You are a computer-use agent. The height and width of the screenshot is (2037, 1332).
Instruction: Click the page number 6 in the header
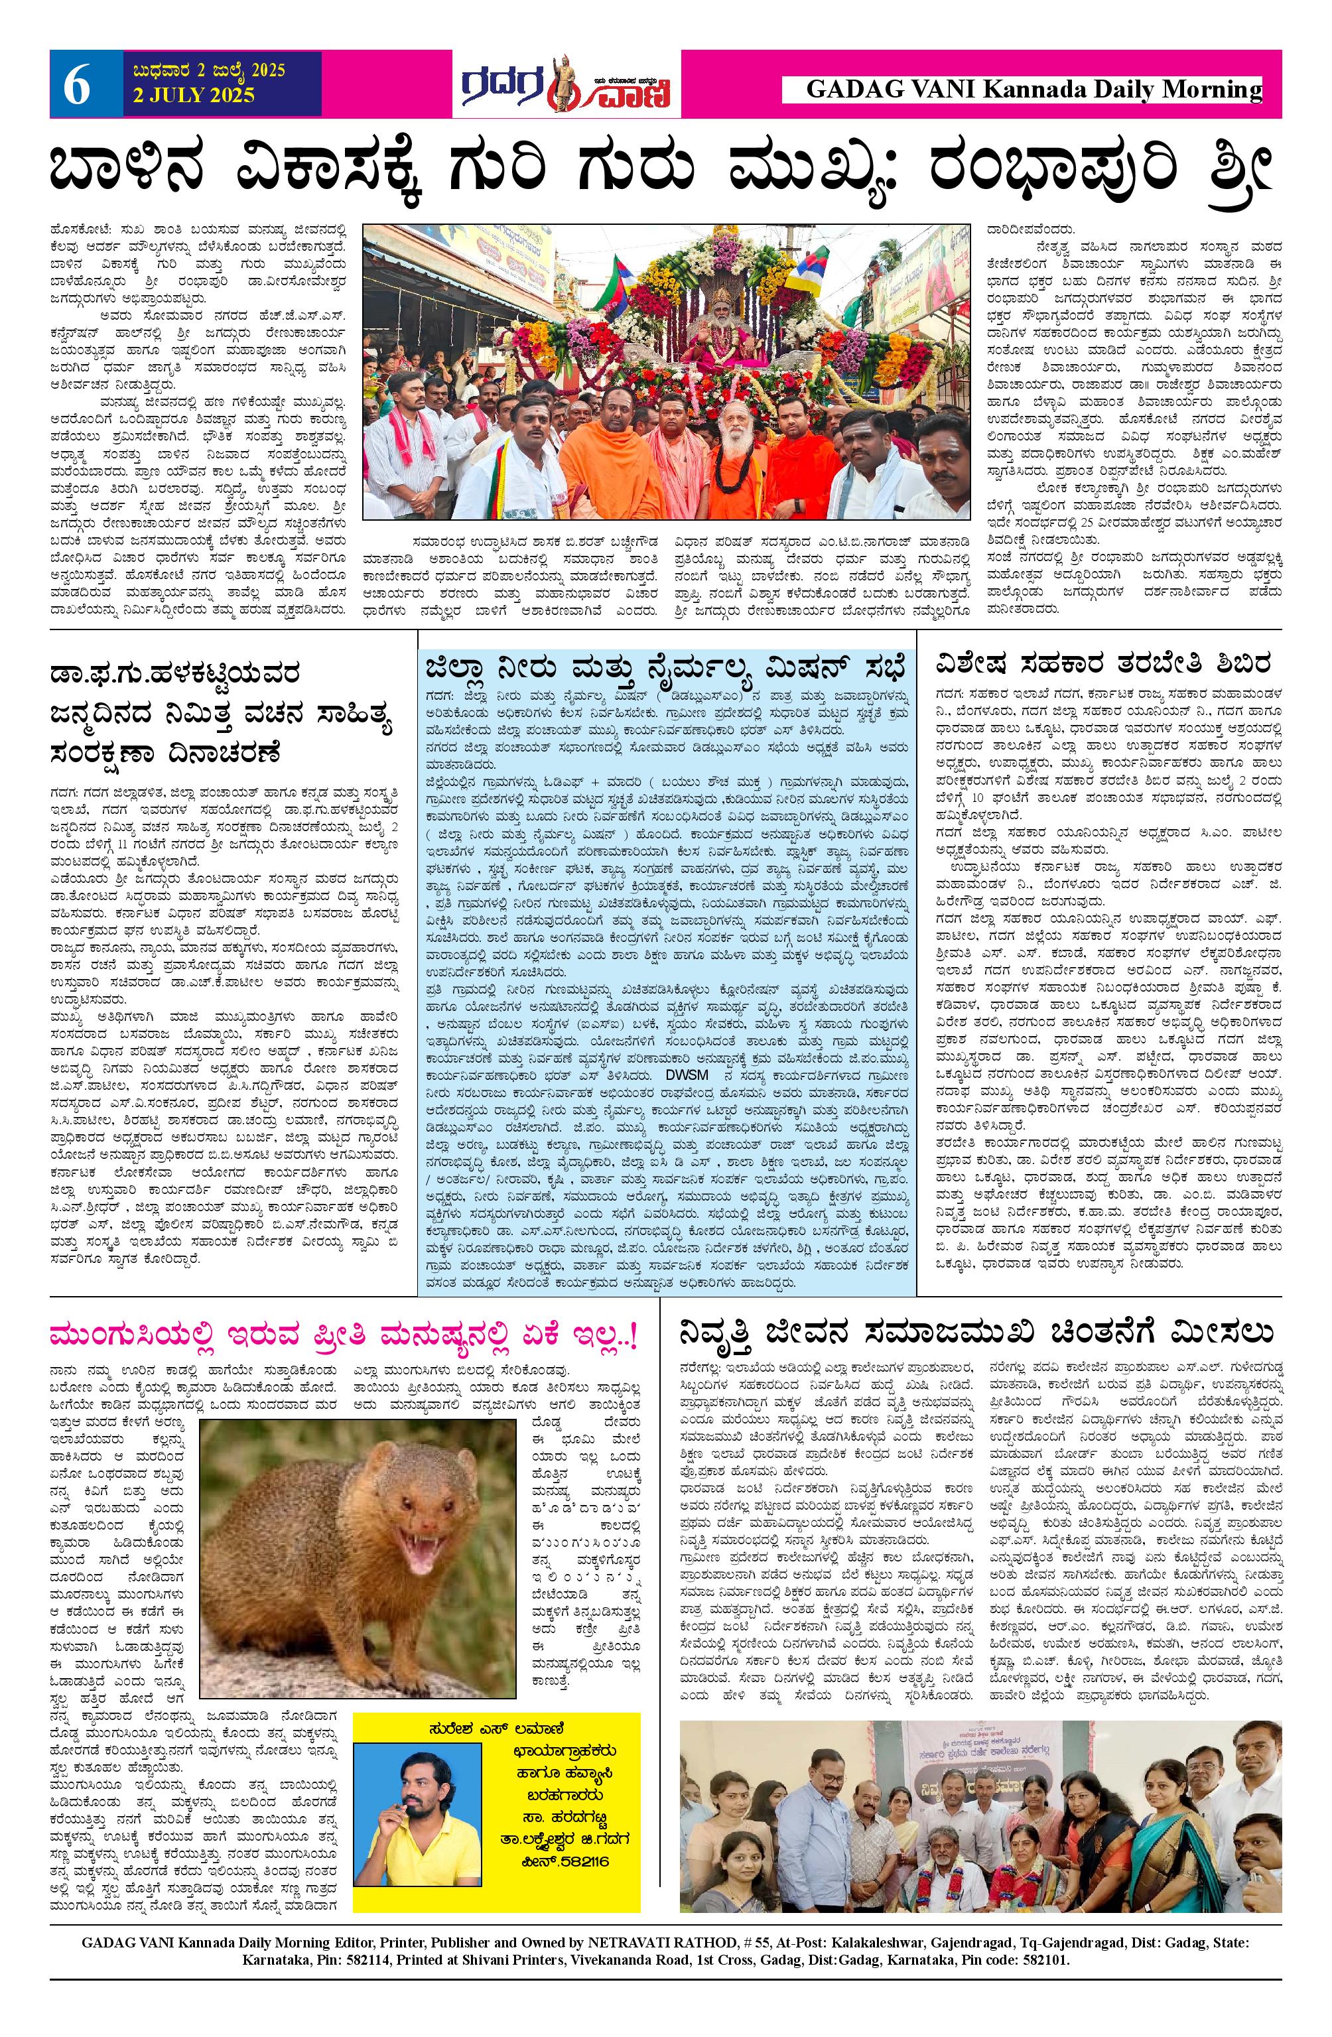pos(76,86)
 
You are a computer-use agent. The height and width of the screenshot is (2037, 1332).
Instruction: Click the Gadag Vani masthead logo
pos(566,84)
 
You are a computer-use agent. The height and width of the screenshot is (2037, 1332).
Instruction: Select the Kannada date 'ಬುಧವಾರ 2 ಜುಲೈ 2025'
pos(204,70)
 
